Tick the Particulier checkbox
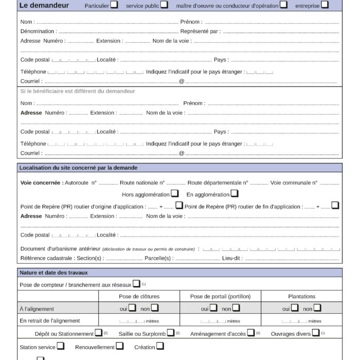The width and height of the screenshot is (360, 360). (114, 5)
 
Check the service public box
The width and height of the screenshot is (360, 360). (164, 5)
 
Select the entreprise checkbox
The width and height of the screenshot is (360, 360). (325, 5)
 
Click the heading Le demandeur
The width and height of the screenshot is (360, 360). (44, 6)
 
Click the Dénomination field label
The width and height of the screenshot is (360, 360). (38, 31)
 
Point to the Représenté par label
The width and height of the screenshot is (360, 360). (201, 31)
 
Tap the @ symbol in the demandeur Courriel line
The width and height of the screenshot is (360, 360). (182, 81)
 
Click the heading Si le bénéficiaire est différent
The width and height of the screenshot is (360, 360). (78, 91)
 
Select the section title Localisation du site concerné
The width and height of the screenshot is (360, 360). (78, 168)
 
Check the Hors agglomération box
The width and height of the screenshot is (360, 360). (175, 194)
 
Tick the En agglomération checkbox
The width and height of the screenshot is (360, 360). (235, 194)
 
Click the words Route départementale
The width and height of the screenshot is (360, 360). (218, 183)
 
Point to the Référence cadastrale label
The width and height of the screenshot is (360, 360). (47, 258)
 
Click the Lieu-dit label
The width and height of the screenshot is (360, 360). (232, 258)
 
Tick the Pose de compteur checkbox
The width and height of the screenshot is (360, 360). (136, 284)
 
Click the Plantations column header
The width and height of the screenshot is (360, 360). (302, 296)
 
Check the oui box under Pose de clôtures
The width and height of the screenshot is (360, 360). (133, 308)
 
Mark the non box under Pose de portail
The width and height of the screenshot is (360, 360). (236, 308)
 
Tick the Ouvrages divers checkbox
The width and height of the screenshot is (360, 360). (316, 333)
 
